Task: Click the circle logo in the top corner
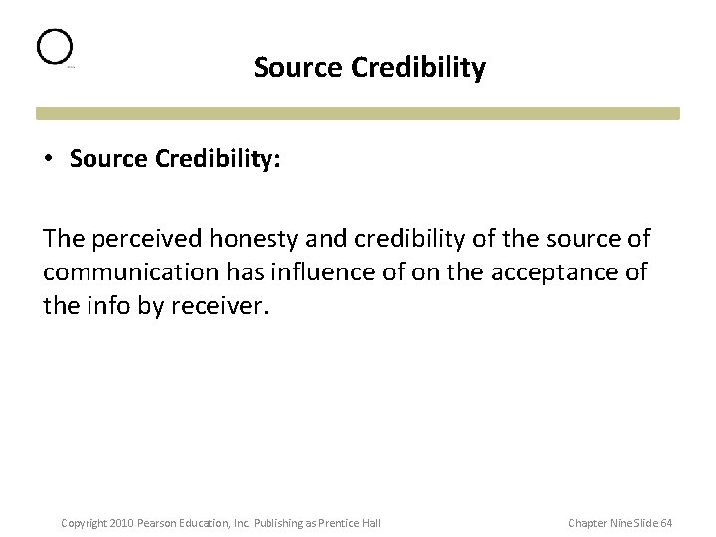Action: pos(55,47)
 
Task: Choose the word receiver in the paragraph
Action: pos(222,305)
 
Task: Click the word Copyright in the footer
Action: pos(82,523)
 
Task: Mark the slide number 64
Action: pos(665,523)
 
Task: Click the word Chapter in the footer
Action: pos(587,523)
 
